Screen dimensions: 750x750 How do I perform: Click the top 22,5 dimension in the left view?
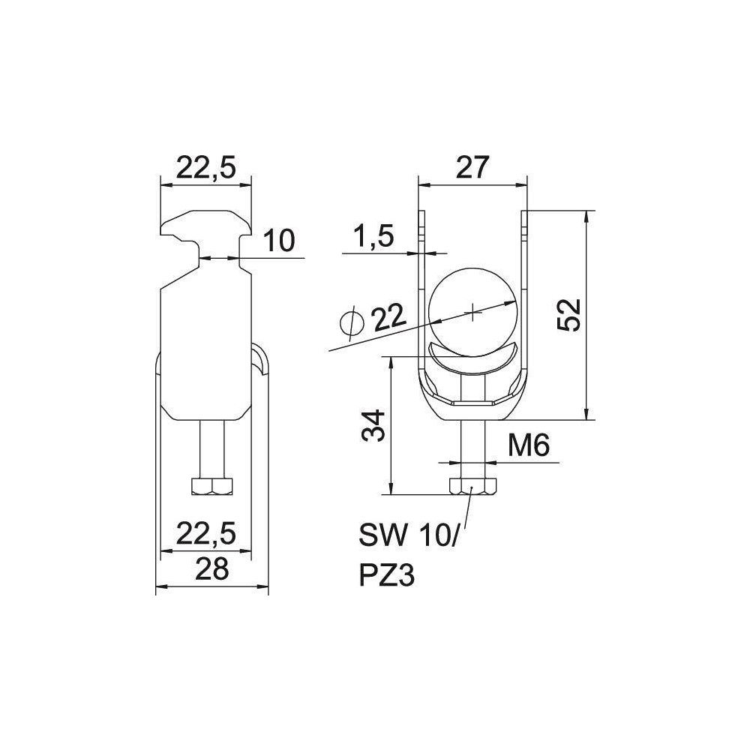[x=206, y=168]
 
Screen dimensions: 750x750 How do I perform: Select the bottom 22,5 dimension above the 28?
[x=206, y=533]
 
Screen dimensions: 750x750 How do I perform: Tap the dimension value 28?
[x=213, y=568]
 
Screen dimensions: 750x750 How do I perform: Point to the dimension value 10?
[x=279, y=241]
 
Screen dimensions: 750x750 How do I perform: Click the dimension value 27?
[x=472, y=167]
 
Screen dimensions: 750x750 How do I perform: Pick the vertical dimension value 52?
[x=569, y=315]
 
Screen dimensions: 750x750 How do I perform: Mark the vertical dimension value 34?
[x=373, y=425]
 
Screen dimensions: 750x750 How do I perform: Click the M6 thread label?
[x=529, y=446]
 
